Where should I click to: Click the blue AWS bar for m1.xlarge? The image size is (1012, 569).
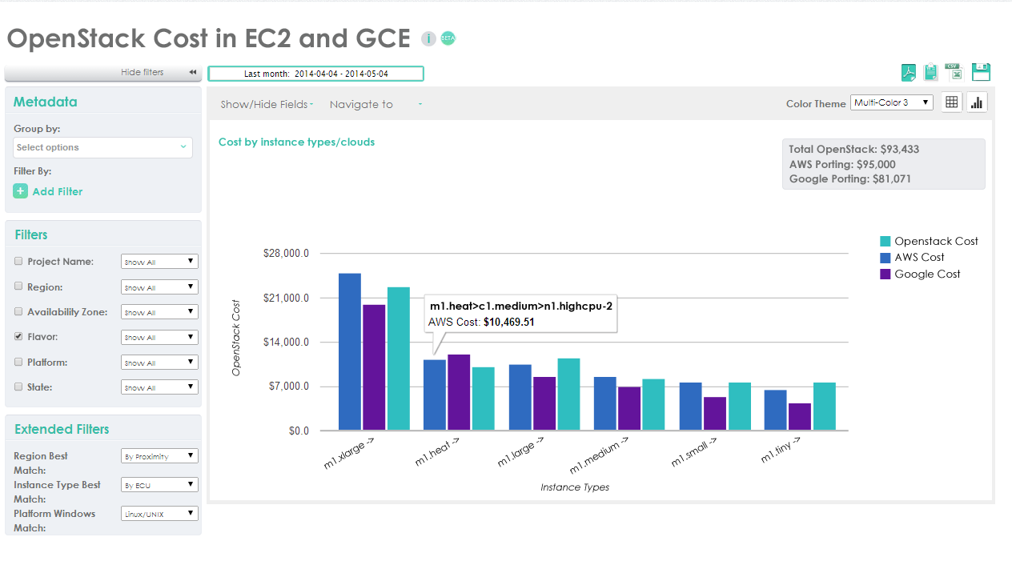350,352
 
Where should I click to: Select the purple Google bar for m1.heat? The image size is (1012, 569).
459,392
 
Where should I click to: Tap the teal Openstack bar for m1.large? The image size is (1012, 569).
568,395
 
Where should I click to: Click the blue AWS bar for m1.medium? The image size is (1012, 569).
605,403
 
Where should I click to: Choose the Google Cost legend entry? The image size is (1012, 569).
920,274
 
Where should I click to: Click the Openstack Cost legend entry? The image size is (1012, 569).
929,241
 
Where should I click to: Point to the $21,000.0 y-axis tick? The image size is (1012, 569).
286,298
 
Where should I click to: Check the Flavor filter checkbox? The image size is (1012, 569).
18,337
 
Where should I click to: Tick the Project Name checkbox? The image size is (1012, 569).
18,261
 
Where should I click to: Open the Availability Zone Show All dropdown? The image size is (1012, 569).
159,312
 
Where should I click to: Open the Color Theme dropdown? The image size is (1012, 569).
891,102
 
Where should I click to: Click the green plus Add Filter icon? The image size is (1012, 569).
21,191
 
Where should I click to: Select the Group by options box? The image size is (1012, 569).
102,147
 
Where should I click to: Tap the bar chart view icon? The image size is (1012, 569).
977,102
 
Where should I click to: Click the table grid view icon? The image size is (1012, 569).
951,102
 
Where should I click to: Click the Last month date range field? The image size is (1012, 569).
315,74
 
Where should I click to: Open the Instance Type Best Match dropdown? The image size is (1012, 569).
159,485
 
